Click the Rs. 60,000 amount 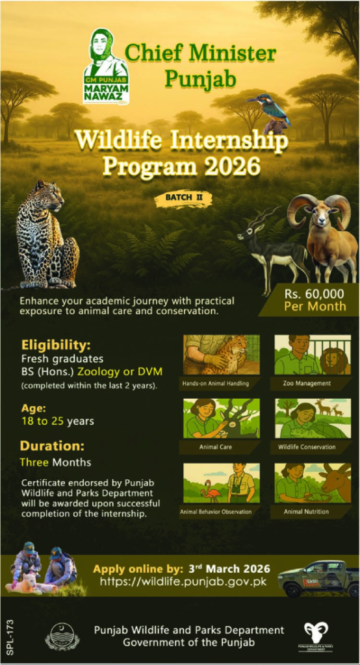315,294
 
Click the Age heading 33,408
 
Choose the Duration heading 52,446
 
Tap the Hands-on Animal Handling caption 221,383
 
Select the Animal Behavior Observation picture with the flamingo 222,483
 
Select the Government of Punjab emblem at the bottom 62,636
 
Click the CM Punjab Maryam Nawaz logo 106,67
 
